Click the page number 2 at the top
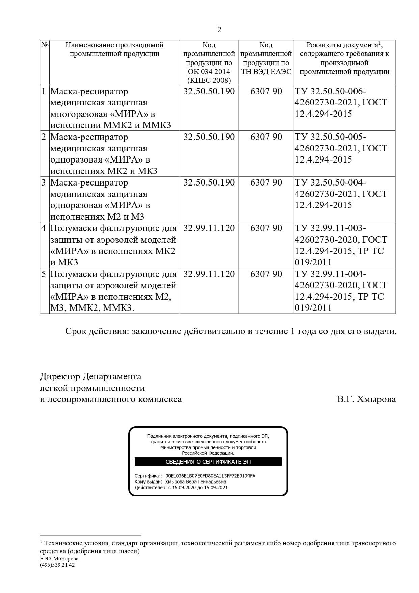coord(219,30)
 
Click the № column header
coord(45,45)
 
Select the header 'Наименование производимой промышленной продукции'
coord(114,49)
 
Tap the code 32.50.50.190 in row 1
coord(209,91)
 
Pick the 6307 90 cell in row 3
coord(266,182)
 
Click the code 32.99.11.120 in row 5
coord(209,274)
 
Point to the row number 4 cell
coord(44,228)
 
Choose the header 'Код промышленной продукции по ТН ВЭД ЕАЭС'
coord(266,58)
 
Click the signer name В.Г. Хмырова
coord(366,399)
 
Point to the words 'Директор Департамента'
coord(90,376)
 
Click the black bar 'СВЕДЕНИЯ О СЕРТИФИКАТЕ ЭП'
coord(208,462)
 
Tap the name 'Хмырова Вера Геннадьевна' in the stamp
coord(195,482)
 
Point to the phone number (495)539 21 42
coord(57,565)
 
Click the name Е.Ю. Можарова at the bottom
coord(59,559)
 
